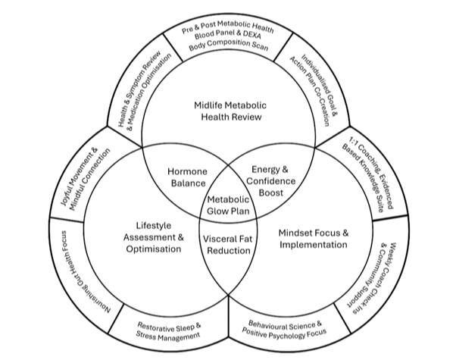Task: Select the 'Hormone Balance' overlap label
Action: (x=186, y=177)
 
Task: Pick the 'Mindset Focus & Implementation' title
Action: (x=302, y=238)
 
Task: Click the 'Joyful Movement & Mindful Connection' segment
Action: (x=83, y=175)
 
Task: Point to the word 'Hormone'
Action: (x=186, y=171)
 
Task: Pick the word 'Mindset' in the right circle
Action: (x=278, y=232)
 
